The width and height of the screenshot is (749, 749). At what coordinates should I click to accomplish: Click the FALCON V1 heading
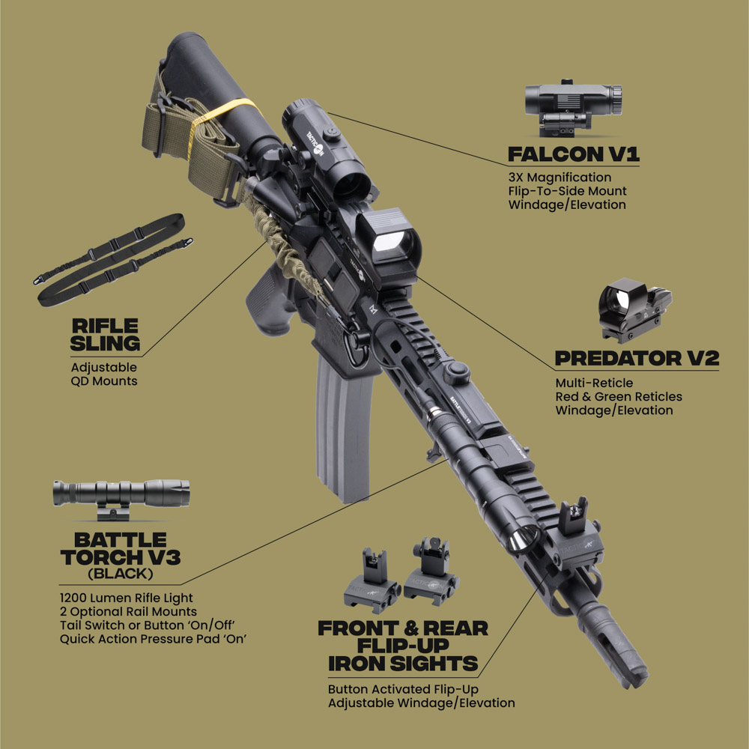(x=573, y=155)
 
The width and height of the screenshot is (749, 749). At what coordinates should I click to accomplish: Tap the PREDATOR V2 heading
(x=637, y=358)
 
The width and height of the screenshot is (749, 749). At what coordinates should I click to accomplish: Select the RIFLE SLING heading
(x=106, y=335)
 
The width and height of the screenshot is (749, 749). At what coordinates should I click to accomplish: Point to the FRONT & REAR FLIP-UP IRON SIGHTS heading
(x=403, y=646)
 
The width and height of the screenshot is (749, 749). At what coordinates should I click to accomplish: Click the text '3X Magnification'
(x=559, y=178)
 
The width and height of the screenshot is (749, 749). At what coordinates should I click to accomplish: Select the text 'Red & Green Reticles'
(x=619, y=396)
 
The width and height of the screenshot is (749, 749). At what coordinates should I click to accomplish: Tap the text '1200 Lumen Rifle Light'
(x=126, y=598)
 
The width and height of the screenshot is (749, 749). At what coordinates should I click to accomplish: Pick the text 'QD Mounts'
(x=104, y=381)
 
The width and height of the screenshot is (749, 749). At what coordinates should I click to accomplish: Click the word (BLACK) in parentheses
(x=120, y=574)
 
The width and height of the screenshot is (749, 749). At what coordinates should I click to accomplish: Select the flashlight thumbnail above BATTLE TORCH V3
(x=121, y=495)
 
